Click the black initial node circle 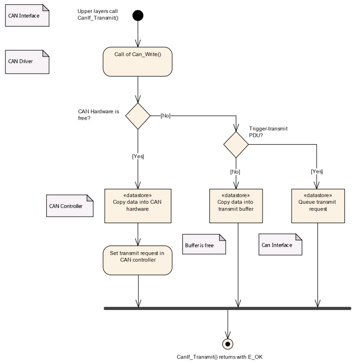click(x=138, y=15)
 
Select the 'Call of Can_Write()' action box click(x=138, y=62)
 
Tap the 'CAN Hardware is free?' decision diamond click(x=138, y=116)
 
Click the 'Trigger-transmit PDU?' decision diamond click(x=236, y=145)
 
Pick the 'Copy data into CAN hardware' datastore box click(x=138, y=206)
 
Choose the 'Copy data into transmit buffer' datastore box click(x=236, y=206)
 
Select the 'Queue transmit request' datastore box click(x=318, y=206)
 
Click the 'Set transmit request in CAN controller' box click(x=138, y=260)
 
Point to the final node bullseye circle click(x=228, y=344)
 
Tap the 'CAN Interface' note click(x=27, y=15)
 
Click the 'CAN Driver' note click(x=27, y=62)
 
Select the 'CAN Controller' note click(x=70, y=206)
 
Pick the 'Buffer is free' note click(x=204, y=244)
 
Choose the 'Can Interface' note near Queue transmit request click(x=280, y=244)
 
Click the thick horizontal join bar click(x=228, y=308)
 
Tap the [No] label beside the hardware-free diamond click(x=165, y=116)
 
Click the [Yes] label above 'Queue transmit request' click(x=317, y=172)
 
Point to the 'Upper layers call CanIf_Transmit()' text click(x=98, y=15)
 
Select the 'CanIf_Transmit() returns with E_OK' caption click(x=219, y=357)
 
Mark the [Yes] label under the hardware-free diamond click(x=138, y=157)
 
